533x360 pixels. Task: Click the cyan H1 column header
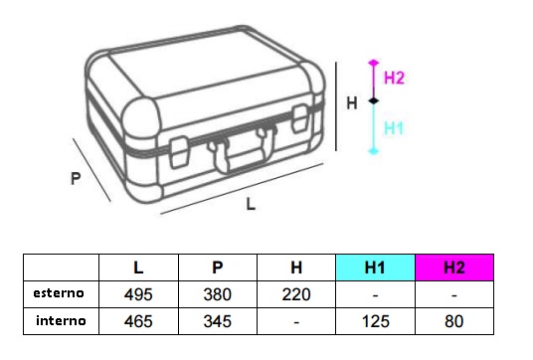(x=375, y=268)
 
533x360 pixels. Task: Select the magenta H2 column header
(x=454, y=268)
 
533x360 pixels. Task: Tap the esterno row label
(x=59, y=293)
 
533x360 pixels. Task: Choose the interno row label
(x=61, y=320)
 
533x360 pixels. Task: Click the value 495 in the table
(x=138, y=294)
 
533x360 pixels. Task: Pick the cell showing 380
(x=218, y=294)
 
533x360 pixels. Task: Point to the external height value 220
(x=296, y=294)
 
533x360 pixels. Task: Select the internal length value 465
(x=138, y=321)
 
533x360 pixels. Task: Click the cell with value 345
(x=218, y=321)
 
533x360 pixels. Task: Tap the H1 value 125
(x=376, y=321)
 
